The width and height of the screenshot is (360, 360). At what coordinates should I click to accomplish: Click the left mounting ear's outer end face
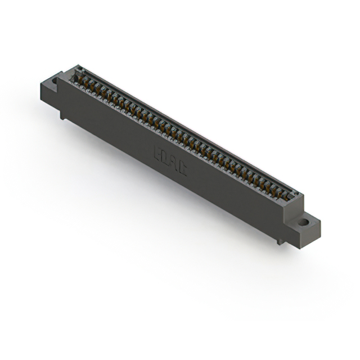(x=48, y=93)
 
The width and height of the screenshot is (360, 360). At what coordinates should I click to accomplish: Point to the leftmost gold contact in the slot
(x=79, y=79)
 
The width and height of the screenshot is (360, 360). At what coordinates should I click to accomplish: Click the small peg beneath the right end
(x=280, y=241)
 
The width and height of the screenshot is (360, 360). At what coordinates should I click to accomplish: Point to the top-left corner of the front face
(x=58, y=78)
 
